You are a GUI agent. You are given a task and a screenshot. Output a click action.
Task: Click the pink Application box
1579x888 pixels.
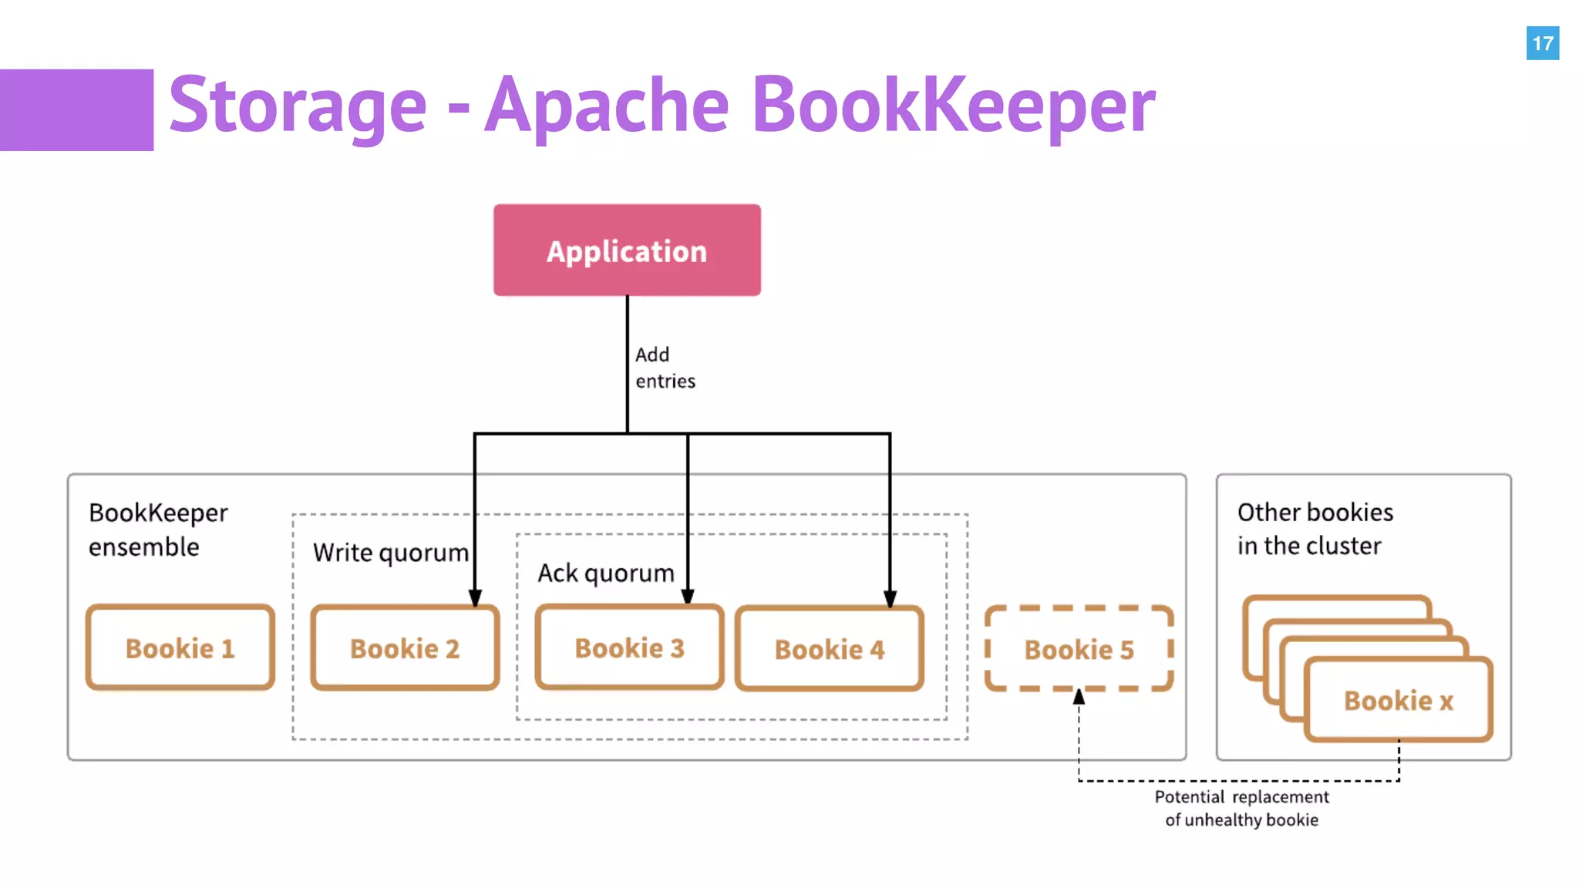[x=627, y=251]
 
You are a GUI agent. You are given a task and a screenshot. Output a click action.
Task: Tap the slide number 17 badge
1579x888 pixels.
[x=1542, y=43]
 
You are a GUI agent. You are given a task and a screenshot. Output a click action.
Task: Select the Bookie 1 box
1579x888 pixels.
[x=180, y=648]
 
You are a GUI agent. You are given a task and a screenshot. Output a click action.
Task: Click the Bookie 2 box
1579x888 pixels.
[x=405, y=648]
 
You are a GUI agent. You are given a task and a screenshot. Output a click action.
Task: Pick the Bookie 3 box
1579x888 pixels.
[x=629, y=648]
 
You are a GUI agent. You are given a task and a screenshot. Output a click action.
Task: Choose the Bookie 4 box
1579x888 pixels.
[x=830, y=649]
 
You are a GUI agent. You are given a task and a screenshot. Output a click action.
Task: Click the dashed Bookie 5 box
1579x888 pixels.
[x=1079, y=649]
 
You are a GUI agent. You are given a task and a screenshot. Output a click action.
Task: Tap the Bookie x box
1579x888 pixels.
[x=1399, y=700]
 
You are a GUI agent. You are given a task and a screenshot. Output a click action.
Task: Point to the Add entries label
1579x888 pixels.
[x=665, y=368]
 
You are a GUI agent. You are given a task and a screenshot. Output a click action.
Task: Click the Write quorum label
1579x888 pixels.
[x=390, y=553]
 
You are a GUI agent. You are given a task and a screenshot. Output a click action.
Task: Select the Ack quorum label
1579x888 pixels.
[x=606, y=573]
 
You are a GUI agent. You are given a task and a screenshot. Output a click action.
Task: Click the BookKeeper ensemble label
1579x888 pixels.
[x=158, y=530]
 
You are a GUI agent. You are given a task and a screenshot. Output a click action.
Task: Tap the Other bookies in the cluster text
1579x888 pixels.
[x=1315, y=529]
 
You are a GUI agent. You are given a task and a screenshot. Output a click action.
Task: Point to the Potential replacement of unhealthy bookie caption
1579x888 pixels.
[x=1241, y=808]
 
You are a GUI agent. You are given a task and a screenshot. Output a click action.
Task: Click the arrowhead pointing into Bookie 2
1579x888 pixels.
[x=475, y=597]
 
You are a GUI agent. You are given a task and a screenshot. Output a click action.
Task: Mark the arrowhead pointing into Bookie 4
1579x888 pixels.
[x=890, y=599]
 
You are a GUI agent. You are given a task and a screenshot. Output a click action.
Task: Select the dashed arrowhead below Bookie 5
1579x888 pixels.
[x=1079, y=697]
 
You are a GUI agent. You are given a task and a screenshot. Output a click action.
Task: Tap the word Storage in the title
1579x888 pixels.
[x=298, y=106]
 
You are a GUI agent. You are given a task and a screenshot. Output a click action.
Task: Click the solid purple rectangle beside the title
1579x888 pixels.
[x=76, y=110]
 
